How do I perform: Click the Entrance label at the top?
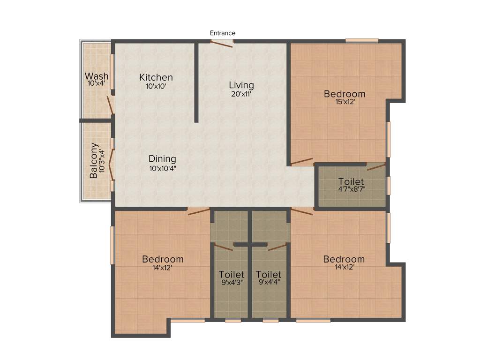tap(222, 33)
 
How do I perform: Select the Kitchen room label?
tap(156, 77)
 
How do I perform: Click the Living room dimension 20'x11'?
tap(241, 94)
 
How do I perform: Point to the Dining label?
tap(162, 158)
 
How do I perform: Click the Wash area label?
tap(97, 76)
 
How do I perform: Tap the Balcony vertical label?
tap(94, 160)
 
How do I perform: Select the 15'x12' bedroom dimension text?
tap(345, 102)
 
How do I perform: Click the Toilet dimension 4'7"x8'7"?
tap(351, 190)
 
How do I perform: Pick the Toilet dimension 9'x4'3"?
tap(231, 282)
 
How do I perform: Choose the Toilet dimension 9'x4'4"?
tap(269, 282)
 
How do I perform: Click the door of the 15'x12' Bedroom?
tap(301, 162)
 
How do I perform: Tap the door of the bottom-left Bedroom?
tap(199, 211)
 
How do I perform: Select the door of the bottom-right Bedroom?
tap(302, 211)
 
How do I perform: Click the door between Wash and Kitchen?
tap(111, 105)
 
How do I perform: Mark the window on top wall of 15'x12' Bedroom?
tap(362, 40)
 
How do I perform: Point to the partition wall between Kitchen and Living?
tap(196, 82)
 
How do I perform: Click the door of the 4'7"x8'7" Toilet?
tap(376, 166)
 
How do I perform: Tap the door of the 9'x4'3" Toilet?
tap(224, 247)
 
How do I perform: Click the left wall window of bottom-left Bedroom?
tap(112, 245)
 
